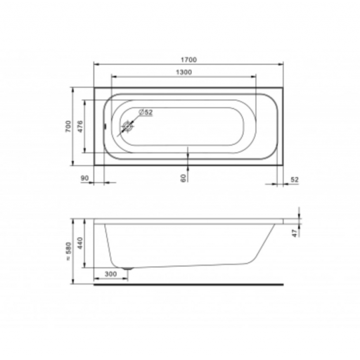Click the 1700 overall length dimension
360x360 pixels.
188,60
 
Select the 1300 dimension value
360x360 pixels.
184,72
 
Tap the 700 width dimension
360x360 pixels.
67,126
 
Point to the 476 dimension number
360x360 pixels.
80,127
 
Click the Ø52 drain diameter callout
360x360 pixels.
146,112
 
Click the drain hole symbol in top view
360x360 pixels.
128,127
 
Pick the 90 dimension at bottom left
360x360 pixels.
84,178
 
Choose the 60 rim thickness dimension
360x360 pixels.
184,178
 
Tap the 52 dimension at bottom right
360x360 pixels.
295,180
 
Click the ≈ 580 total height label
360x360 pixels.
67,251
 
